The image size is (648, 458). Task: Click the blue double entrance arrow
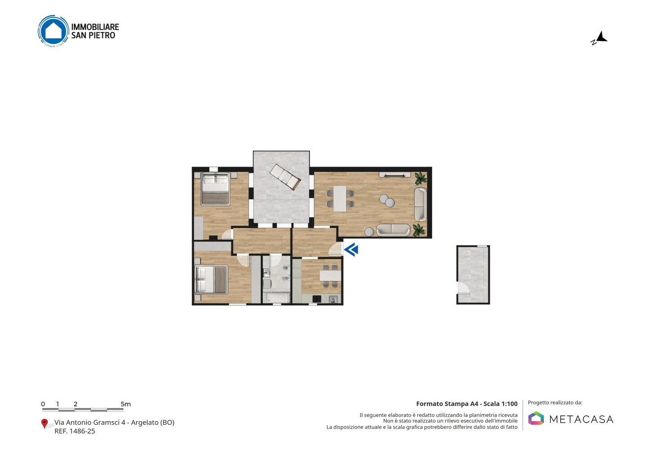click(x=351, y=250)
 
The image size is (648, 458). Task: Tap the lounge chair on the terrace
click(x=285, y=177)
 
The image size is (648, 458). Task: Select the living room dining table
click(x=340, y=198)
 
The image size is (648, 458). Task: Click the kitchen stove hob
click(x=317, y=299)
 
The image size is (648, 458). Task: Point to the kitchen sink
click(x=333, y=299)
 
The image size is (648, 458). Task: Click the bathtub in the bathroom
click(x=276, y=297)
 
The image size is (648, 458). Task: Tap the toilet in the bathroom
click(x=285, y=268)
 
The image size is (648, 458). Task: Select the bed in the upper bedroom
click(x=215, y=189)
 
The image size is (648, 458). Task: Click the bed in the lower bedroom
click(x=211, y=279)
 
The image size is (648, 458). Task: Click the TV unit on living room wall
click(x=395, y=175)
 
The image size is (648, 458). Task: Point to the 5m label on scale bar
click(x=126, y=404)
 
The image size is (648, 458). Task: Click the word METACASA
click(x=581, y=420)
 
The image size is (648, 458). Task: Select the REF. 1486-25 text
click(x=75, y=431)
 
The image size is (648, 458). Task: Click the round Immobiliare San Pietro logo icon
click(x=54, y=31)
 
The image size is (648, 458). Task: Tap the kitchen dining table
click(x=330, y=275)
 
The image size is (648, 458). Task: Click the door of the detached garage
click(x=463, y=287)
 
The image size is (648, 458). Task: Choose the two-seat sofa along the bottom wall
click(x=393, y=230)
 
